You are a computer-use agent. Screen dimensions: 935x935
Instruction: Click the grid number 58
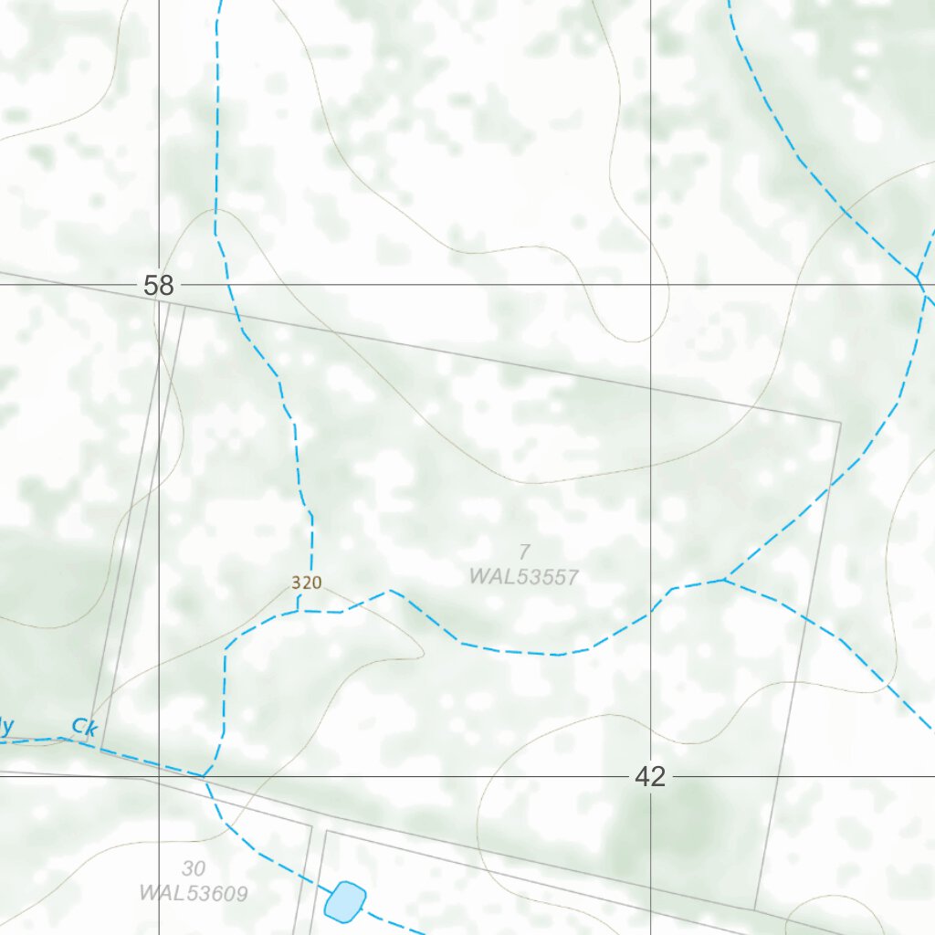tap(158, 286)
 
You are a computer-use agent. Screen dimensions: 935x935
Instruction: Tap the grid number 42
tap(650, 777)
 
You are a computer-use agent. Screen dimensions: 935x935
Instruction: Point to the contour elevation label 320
tap(307, 583)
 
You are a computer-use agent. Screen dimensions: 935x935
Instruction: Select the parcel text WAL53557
tap(524, 577)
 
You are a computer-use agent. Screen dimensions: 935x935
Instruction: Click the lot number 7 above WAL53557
tap(524, 552)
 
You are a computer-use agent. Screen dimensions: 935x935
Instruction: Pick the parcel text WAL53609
tap(194, 893)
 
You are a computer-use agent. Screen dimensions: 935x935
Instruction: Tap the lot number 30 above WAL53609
tap(194, 868)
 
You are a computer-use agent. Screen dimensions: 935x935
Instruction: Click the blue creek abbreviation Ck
tap(84, 728)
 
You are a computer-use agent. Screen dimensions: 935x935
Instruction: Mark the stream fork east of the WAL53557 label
tap(725, 578)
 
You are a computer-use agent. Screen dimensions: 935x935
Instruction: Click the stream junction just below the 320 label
tap(299, 612)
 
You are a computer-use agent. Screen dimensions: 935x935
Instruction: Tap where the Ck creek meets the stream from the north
tap(205, 776)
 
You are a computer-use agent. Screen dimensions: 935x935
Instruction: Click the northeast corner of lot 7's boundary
tap(840, 423)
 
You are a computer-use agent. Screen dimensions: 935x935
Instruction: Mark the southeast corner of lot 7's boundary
tap(754, 909)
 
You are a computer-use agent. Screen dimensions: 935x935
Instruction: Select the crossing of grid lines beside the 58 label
tap(160, 284)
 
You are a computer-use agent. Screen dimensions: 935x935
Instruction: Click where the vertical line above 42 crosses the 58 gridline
tap(650, 284)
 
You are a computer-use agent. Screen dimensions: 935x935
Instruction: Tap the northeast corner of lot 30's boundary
tap(312, 827)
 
